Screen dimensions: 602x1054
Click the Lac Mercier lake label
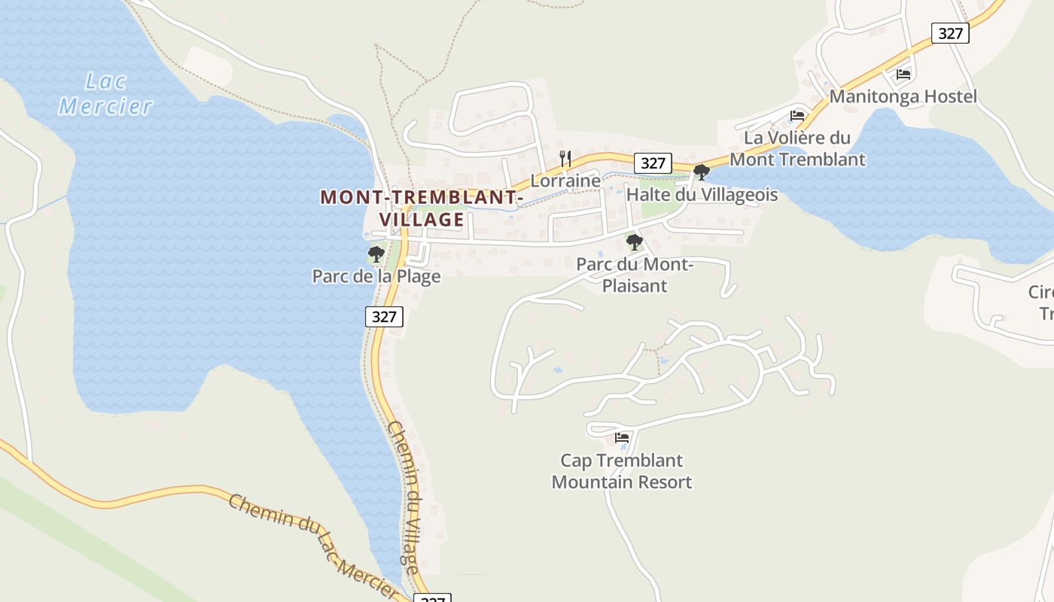tap(106, 93)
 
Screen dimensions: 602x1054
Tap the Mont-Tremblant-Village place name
tap(422, 208)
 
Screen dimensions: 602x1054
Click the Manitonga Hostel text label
tap(903, 96)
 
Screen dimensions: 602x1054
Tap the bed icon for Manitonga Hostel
tap(903, 74)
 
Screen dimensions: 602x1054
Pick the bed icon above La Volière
tap(797, 116)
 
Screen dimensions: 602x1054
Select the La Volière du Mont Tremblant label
tap(797, 149)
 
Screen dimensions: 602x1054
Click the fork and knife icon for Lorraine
tap(565, 158)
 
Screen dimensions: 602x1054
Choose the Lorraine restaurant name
tap(565, 181)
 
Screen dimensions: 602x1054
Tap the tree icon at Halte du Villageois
tap(702, 172)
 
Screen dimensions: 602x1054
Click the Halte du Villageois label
tap(702, 195)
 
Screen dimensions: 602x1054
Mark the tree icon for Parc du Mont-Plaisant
tap(635, 242)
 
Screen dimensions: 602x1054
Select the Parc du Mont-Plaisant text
tap(635, 275)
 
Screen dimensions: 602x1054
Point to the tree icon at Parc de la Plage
tap(376, 254)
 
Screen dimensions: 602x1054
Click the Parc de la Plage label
tap(376, 276)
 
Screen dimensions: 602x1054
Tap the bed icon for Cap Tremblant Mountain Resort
tap(622, 438)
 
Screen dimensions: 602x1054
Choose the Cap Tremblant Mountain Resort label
tap(622, 471)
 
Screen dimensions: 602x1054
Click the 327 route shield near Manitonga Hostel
tap(950, 33)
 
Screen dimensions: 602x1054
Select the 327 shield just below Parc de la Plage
tap(384, 316)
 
